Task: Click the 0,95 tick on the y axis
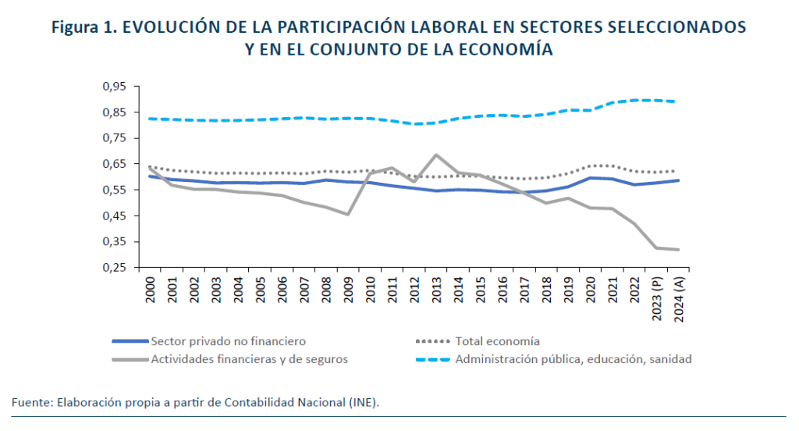[x=114, y=86]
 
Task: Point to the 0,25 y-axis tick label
[x=114, y=268]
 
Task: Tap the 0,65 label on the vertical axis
[x=114, y=164]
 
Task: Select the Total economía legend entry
[x=498, y=341]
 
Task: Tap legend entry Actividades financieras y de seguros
[x=249, y=359]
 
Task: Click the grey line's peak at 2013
[x=435, y=155]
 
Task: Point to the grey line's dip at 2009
[x=347, y=214]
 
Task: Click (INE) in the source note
[x=364, y=402]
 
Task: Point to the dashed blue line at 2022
[x=633, y=100]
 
